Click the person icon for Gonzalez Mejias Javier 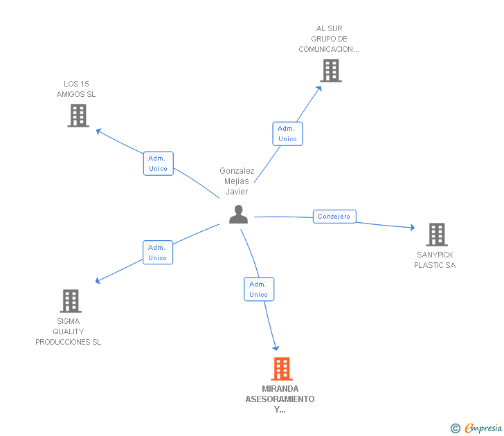point(238,215)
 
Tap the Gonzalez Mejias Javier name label point(237,181)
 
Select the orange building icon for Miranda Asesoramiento point(281,369)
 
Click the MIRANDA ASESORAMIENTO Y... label point(280,399)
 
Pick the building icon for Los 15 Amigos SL point(78,116)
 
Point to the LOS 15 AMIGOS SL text point(76,89)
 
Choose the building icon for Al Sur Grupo point(330,71)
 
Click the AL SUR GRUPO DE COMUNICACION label point(329,39)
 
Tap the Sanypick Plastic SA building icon point(436,235)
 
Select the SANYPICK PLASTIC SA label point(435,260)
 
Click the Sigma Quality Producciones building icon point(71,301)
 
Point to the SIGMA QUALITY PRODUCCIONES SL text point(69,331)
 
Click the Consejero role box point(334,217)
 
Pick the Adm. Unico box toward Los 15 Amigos point(158,163)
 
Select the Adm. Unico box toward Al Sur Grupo point(287,134)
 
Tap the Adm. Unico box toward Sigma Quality point(157,253)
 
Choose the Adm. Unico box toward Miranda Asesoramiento point(258,289)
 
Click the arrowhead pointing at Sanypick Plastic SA point(412,228)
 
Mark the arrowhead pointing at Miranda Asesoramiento point(276,347)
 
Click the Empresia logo point(477,428)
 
